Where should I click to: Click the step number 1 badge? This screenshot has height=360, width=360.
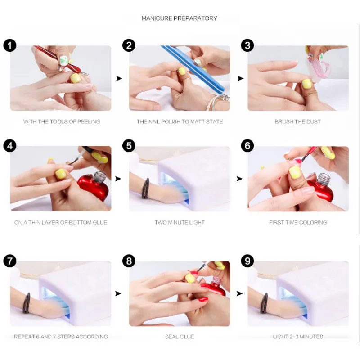coord(10,45)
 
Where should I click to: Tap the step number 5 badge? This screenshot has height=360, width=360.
coord(129,146)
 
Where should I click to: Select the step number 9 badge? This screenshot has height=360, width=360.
coord(247,261)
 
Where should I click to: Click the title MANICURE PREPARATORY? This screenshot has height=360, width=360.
coord(179,18)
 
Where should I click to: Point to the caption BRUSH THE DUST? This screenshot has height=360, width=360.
coord(298,121)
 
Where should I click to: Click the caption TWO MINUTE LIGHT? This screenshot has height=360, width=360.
coord(180,222)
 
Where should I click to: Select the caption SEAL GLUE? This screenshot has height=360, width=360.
coord(180,337)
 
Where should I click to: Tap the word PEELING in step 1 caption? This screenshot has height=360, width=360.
coord(89,121)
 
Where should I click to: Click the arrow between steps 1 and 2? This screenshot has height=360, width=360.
coord(119,78)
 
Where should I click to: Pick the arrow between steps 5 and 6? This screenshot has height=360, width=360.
coord(240,179)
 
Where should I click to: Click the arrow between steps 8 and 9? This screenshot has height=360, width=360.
coord(240,293)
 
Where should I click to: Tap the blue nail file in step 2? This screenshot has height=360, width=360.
coord(193,69)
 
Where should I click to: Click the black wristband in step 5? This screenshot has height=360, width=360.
coord(145,188)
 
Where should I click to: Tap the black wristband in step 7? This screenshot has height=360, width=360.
coord(27,303)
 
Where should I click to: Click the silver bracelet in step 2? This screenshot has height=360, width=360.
coord(217,101)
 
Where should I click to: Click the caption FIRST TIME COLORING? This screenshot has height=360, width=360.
coord(298,222)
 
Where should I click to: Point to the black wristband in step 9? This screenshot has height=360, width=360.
coord(264,303)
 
